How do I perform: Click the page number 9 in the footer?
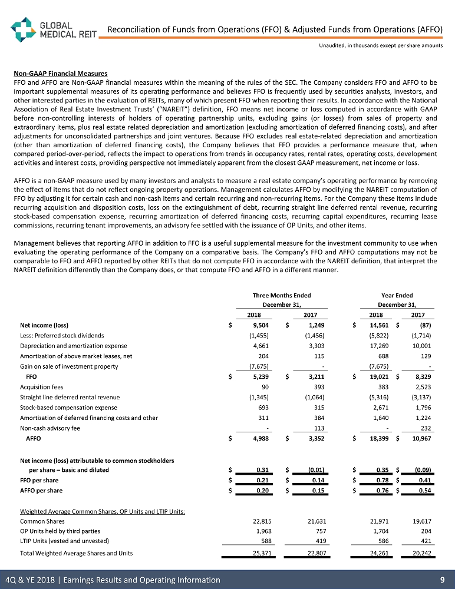[441, 580]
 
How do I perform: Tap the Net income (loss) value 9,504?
[261, 325]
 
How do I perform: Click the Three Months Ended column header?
[281, 295]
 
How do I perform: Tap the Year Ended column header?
[397, 295]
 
